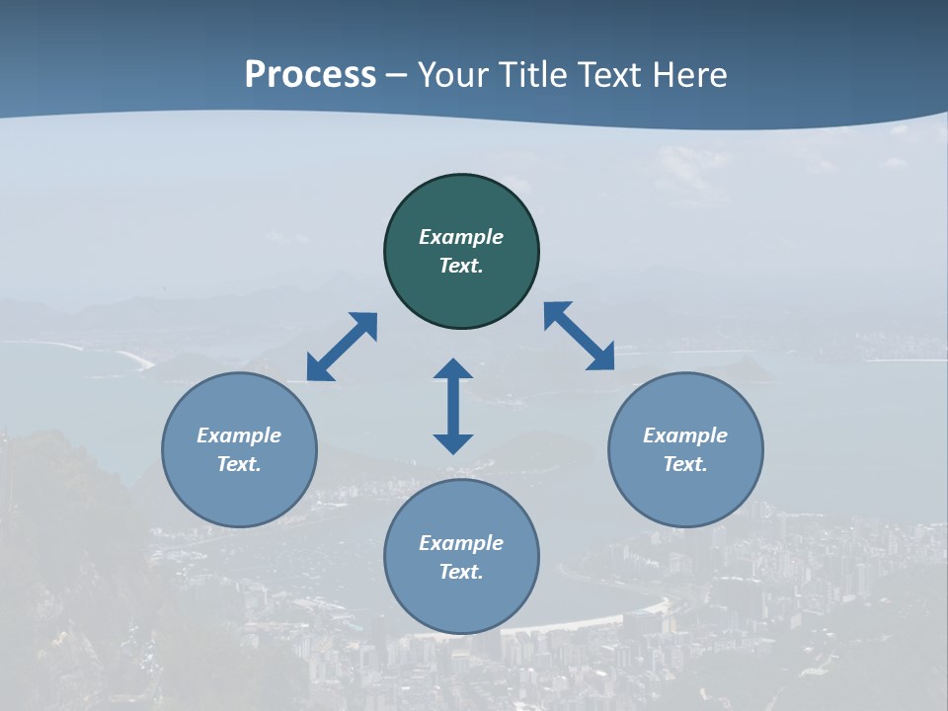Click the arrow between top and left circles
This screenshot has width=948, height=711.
coord(342,347)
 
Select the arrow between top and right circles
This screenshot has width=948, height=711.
coord(579,336)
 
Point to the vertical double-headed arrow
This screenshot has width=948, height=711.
coord(453,406)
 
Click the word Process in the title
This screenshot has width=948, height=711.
coord(310,75)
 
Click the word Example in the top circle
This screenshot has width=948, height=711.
coord(461,237)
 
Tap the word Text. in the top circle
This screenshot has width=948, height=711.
coord(461,266)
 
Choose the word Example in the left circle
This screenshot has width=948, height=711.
coord(239,435)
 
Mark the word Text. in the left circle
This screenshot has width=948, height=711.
coord(239,464)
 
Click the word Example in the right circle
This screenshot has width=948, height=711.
coord(685,435)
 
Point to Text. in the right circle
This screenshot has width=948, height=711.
coord(685,464)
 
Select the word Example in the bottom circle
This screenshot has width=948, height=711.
coord(461,543)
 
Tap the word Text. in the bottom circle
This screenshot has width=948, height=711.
coord(461,572)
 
